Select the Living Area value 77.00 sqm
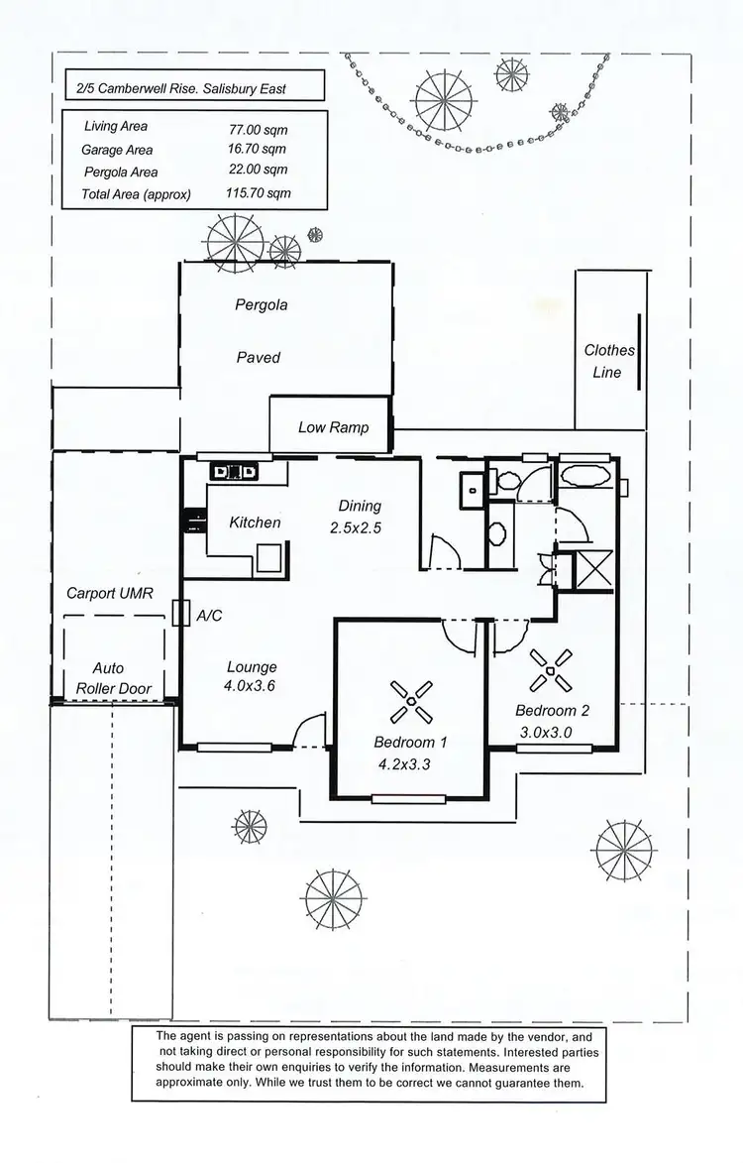pyautogui.click(x=261, y=128)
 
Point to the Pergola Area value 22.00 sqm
pyautogui.click(x=259, y=172)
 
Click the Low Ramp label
pyautogui.click(x=333, y=427)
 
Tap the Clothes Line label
pyautogui.click(x=608, y=362)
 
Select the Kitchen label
pyautogui.click(x=255, y=523)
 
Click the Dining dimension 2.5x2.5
pyautogui.click(x=355, y=528)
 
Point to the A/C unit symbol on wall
pyautogui.click(x=179, y=614)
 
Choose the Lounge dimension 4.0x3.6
pyautogui.click(x=251, y=685)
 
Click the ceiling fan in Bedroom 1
pyautogui.click(x=408, y=701)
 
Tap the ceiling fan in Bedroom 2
pyautogui.click(x=550, y=669)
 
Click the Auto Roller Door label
pyautogui.click(x=108, y=678)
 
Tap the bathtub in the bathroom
pyautogui.click(x=585, y=475)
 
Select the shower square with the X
pyautogui.click(x=590, y=570)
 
